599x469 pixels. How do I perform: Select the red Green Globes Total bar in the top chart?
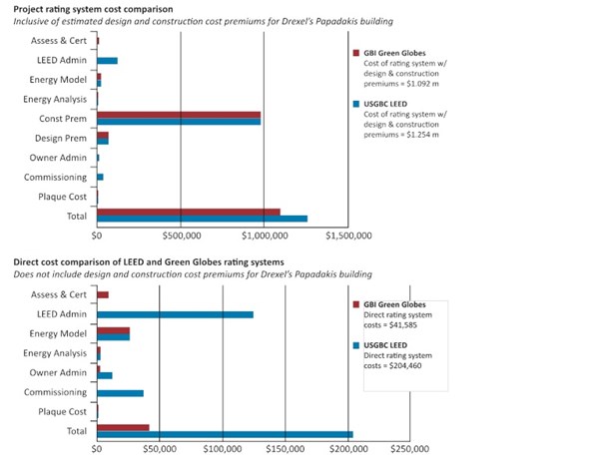[x=188, y=211]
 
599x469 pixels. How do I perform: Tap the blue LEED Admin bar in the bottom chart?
[x=175, y=314]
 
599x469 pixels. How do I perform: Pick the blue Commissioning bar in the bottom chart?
[x=120, y=393]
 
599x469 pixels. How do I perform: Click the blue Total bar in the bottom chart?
[x=225, y=434]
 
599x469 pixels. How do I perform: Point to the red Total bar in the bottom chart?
[x=123, y=427]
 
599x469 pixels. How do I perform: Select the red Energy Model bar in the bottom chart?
[x=113, y=330]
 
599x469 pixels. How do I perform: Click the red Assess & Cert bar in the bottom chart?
[x=103, y=294]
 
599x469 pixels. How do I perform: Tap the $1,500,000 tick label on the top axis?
[x=343, y=236]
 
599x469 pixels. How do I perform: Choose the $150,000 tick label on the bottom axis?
[x=287, y=449]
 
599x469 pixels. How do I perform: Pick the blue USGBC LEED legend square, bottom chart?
[x=357, y=345]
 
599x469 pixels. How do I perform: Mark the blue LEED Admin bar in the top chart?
[x=107, y=61]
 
